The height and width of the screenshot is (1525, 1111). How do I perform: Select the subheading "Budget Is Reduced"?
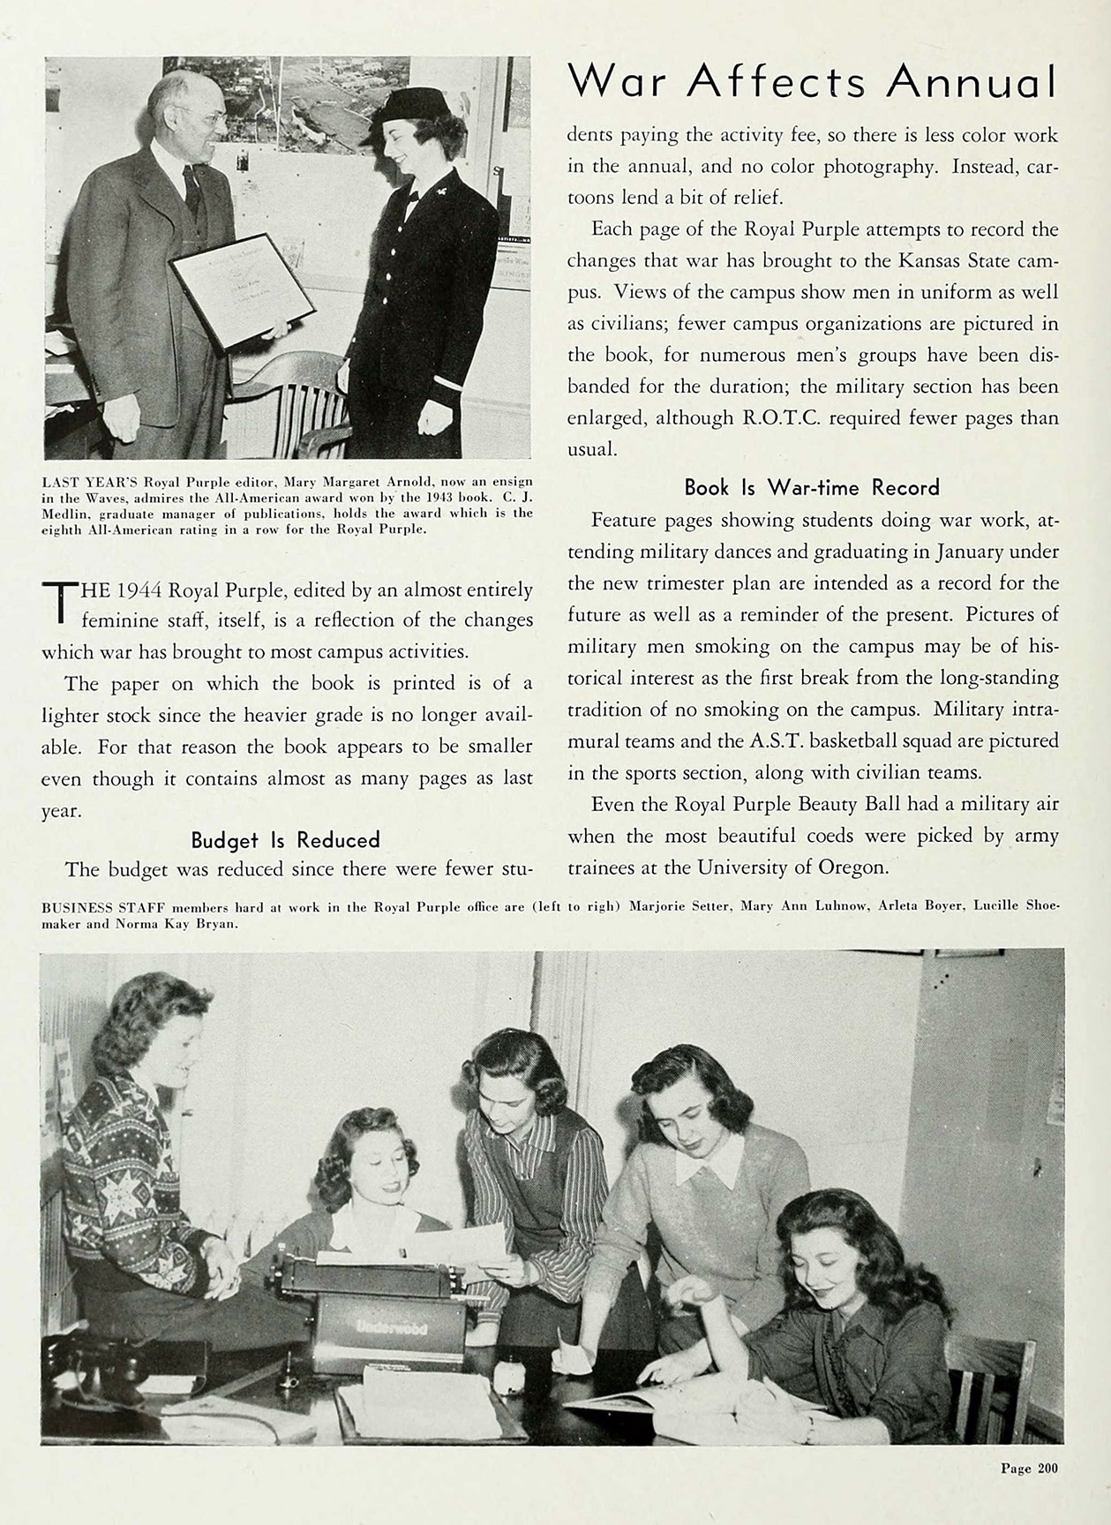pos(285,839)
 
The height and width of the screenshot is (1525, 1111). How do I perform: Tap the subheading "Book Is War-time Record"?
pos(812,487)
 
